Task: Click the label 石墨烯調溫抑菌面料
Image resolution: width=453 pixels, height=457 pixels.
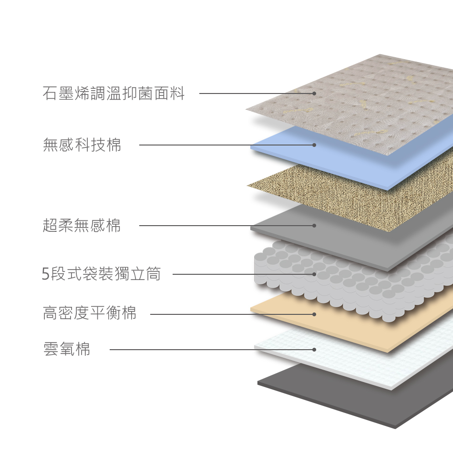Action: click(113, 93)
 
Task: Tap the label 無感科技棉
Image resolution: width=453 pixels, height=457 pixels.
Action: click(82, 145)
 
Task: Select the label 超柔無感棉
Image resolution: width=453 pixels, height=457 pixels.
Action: click(82, 225)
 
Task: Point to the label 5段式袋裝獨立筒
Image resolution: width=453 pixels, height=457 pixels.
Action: click(102, 274)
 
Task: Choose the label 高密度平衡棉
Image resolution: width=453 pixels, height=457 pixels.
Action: click(90, 313)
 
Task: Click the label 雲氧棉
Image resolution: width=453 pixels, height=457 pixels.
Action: click(67, 350)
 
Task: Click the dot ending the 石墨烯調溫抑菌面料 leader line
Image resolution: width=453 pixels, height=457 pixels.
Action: click(314, 93)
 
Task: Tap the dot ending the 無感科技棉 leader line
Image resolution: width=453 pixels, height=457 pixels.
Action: click(314, 145)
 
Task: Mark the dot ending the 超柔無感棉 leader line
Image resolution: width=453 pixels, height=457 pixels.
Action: click(314, 226)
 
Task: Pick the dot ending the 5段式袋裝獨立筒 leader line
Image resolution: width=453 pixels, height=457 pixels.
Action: click(314, 274)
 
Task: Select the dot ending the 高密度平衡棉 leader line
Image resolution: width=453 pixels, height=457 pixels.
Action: click(314, 314)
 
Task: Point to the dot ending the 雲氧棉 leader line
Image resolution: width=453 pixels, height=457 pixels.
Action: click(314, 350)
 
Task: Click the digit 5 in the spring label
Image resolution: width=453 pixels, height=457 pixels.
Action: click(46, 274)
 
